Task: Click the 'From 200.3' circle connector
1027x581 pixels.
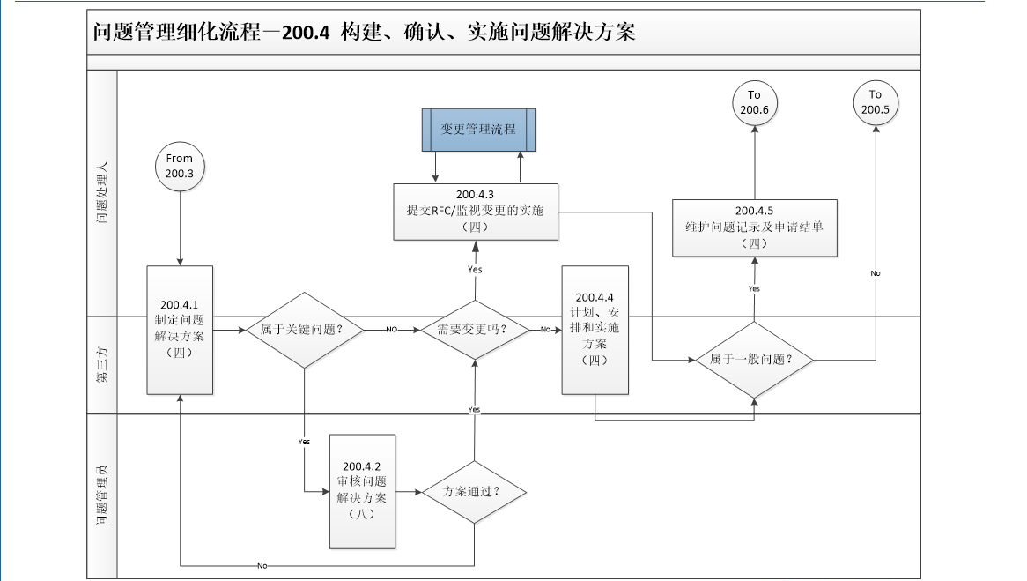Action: point(180,167)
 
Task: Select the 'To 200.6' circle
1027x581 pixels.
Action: point(754,102)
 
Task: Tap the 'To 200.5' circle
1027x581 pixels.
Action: point(875,102)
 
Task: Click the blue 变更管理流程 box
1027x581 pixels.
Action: point(478,129)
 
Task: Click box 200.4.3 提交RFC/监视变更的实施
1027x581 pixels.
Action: point(476,211)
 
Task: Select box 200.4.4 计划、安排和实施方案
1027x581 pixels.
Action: point(595,329)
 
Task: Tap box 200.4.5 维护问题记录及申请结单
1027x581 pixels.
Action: point(754,227)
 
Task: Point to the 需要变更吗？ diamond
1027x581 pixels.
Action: point(476,330)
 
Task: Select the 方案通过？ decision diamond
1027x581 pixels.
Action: point(474,491)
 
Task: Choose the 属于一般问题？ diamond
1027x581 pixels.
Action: point(754,360)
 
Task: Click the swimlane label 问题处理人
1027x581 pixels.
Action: point(102,192)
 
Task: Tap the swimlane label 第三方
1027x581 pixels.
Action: point(102,365)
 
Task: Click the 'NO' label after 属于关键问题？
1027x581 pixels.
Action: point(392,330)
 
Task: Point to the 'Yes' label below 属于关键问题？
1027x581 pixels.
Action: point(305,441)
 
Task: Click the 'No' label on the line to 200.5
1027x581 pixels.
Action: point(876,273)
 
